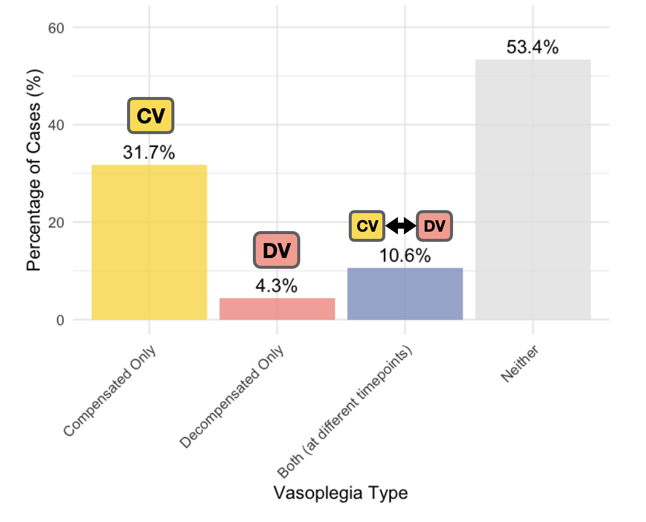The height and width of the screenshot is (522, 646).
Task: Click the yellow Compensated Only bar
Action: (149, 242)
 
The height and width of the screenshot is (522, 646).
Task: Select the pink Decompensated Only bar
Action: (277, 308)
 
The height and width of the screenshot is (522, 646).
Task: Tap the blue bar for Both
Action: (404, 293)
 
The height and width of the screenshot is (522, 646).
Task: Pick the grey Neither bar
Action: (533, 189)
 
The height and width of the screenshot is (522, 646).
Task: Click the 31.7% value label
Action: (149, 153)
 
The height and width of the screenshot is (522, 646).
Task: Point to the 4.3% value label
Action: (276, 286)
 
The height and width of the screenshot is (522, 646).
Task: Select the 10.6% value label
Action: (404, 256)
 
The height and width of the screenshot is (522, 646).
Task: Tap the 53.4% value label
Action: (532, 47)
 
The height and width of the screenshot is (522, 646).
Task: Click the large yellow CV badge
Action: (150, 116)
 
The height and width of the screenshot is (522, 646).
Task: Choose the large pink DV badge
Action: (276, 251)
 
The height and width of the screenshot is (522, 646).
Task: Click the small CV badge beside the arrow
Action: (367, 226)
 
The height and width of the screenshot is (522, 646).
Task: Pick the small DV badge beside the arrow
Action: (434, 226)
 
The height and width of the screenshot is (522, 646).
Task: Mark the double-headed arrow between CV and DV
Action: (401, 226)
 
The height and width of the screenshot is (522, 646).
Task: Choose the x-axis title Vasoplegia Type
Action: (340, 493)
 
